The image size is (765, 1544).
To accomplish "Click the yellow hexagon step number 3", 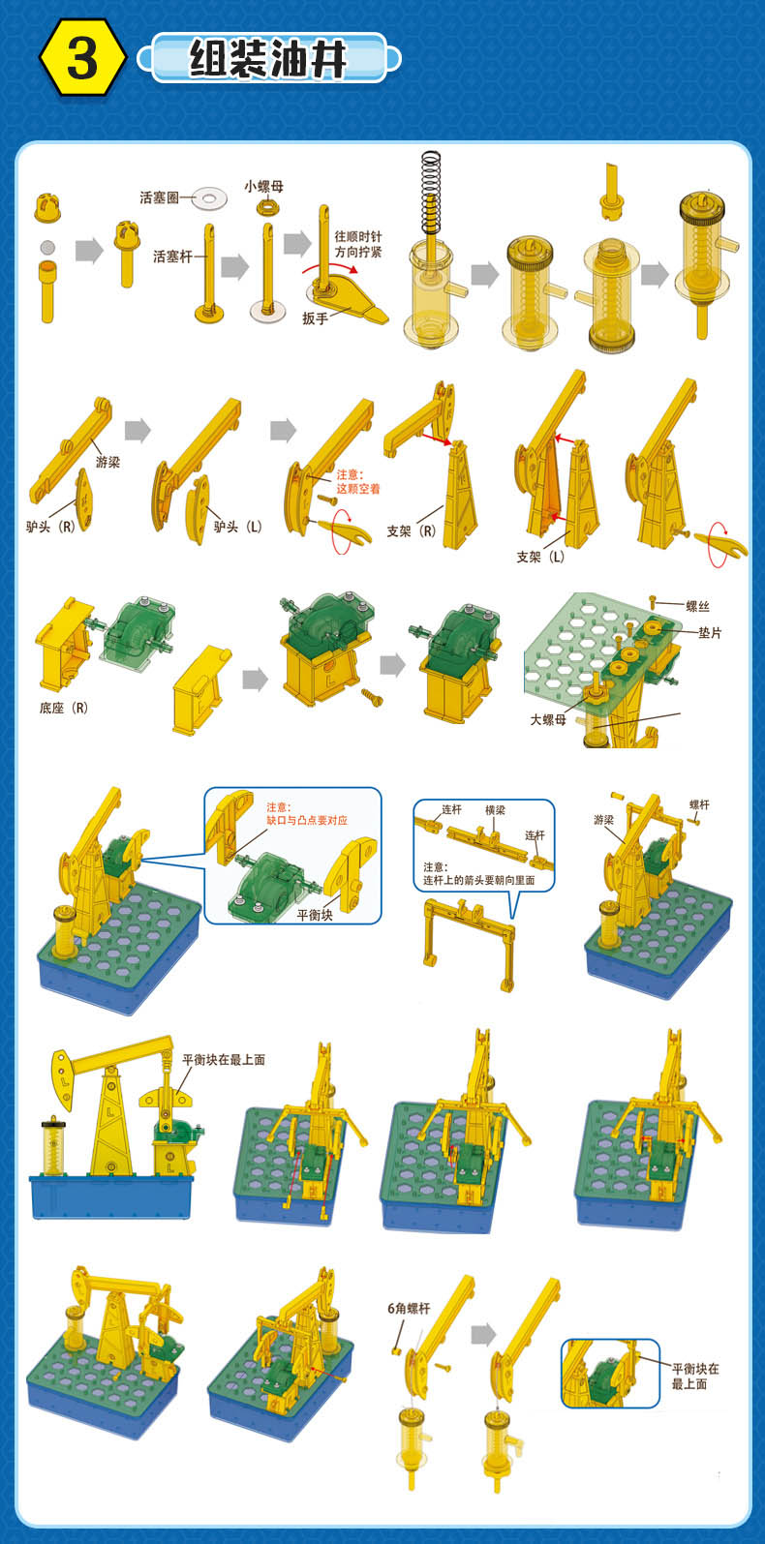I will [x=82, y=58].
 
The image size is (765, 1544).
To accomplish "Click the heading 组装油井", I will [x=267, y=59].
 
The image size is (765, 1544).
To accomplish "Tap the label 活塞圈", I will [x=160, y=197].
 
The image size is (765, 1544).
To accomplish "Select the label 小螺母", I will [x=263, y=186].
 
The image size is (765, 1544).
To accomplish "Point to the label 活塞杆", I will [x=172, y=257].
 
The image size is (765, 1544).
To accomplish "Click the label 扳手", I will [x=315, y=318].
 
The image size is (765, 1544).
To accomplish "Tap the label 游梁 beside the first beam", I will [x=107, y=462].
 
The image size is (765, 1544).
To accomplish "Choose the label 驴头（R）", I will [x=50, y=527].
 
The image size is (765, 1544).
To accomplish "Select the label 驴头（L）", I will [x=237, y=527].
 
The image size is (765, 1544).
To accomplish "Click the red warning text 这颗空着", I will [x=358, y=489].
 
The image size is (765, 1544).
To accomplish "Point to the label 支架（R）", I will [x=412, y=530].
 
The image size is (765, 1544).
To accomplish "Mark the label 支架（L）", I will [x=540, y=557].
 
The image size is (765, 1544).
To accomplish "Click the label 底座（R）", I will [x=64, y=708].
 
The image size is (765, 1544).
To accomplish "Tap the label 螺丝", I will [x=697, y=606].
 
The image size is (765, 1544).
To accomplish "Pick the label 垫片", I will [x=710, y=632].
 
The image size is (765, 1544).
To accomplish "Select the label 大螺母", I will [x=548, y=719].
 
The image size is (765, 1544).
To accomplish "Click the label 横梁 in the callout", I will [x=495, y=809].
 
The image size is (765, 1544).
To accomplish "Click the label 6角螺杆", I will [x=409, y=1308].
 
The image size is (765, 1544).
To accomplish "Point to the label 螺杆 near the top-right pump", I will [x=699, y=804].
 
